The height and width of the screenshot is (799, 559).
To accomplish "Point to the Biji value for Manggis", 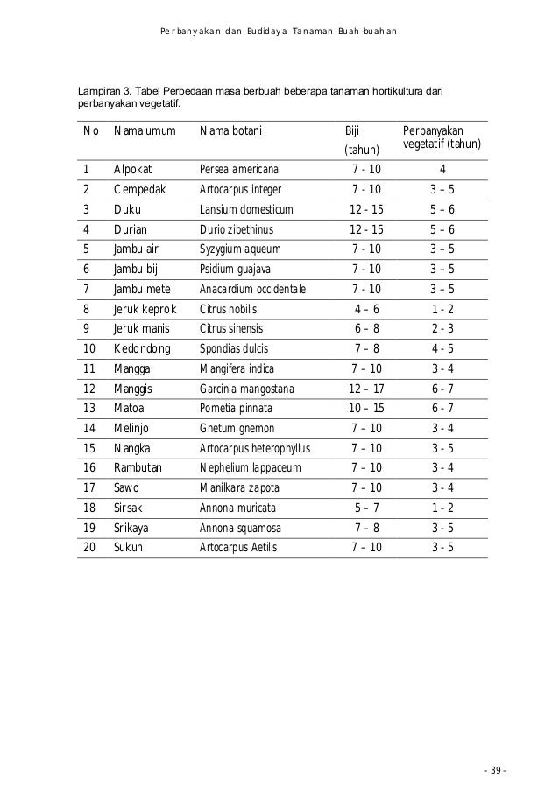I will click(x=366, y=389).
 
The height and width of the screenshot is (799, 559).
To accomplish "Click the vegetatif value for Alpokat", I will click(x=442, y=169).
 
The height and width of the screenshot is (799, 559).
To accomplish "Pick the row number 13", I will click(x=88, y=408).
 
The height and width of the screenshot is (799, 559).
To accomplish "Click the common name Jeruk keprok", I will click(x=145, y=309).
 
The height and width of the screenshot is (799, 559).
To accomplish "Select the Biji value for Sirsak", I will click(x=366, y=508).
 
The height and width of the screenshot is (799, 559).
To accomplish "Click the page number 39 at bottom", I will click(x=497, y=770).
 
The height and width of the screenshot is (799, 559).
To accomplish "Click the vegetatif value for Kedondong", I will click(x=442, y=349).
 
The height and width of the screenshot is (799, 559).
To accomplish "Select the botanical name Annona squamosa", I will click(x=240, y=528).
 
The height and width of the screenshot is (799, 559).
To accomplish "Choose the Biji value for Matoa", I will click(x=366, y=409).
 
